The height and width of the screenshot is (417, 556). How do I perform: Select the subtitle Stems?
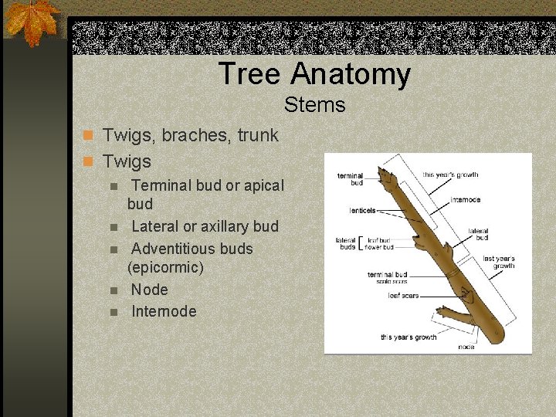click(314, 104)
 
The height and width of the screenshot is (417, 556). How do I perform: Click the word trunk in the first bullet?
click(258, 135)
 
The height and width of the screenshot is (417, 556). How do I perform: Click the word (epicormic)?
click(165, 267)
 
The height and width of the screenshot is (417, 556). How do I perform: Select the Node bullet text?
click(149, 290)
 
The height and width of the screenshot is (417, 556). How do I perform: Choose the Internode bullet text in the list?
click(164, 311)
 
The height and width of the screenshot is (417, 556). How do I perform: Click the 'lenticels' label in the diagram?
click(362, 210)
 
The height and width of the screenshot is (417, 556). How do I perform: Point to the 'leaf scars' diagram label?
click(403, 295)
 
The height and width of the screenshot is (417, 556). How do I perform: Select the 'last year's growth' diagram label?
click(499, 263)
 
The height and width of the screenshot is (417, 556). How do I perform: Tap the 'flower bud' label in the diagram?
click(380, 247)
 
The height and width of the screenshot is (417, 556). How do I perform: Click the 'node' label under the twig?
click(466, 347)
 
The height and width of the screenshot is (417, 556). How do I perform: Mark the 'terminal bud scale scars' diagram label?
click(388, 277)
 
